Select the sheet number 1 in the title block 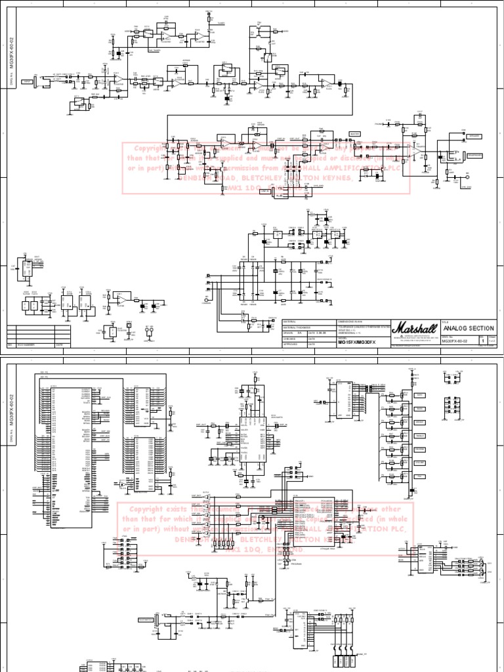pyautogui.click(x=484, y=342)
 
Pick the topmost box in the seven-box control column pyautogui.click(x=419, y=395)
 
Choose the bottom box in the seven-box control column pyautogui.click(x=419, y=477)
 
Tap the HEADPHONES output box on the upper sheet pyautogui.click(x=472, y=156)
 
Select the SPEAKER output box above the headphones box pyautogui.click(x=473, y=136)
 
